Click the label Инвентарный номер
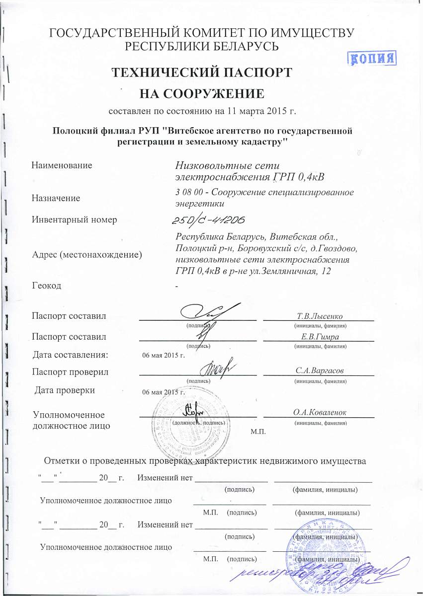(x=74, y=219)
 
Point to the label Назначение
(x=56, y=198)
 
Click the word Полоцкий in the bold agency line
(x=74, y=131)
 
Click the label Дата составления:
(x=70, y=355)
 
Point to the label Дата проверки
(x=65, y=390)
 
